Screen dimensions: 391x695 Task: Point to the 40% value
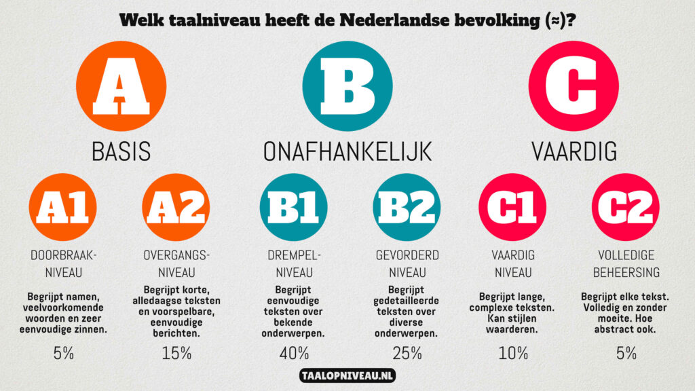294,353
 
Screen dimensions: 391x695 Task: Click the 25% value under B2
407,353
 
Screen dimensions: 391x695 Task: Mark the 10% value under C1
512,353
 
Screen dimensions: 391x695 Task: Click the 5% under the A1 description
63,353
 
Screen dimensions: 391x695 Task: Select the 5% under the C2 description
625,353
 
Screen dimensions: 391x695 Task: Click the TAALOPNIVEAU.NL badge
347,375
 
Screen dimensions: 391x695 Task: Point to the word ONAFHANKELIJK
347,151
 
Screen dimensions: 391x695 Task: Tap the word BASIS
121,151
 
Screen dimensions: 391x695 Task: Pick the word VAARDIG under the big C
574,151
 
